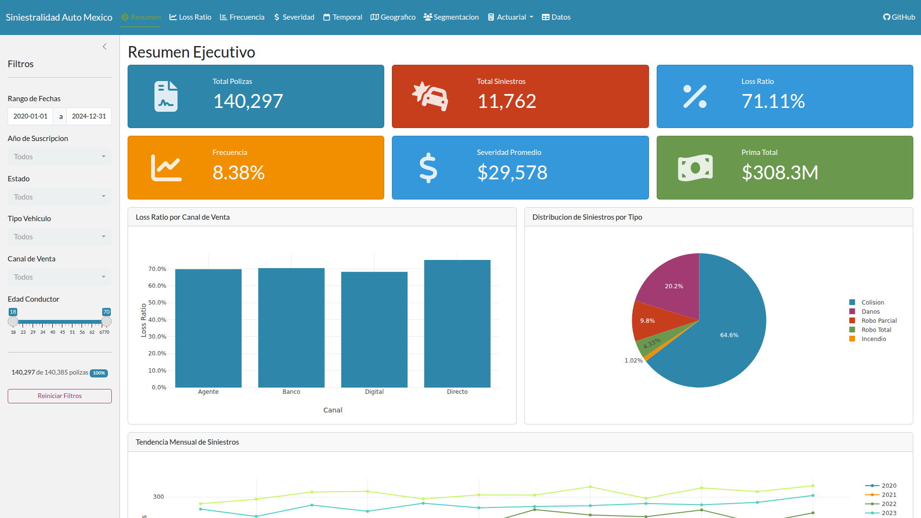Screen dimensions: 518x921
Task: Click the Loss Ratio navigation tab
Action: [x=190, y=17]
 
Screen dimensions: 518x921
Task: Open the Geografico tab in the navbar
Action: [x=393, y=17]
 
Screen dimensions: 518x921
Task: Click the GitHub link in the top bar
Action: [x=899, y=17]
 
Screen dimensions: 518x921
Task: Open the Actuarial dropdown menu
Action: [x=511, y=17]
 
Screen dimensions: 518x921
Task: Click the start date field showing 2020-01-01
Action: [x=31, y=117]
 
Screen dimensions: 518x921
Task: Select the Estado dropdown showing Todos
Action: [x=59, y=197]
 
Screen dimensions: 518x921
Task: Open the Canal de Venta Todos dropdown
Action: [x=59, y=277]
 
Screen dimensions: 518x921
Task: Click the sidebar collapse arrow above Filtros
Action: [x=105, y=47]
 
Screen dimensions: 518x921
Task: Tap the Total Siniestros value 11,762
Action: [x=507, y=101]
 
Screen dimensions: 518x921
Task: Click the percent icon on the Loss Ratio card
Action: [x=695, y=96]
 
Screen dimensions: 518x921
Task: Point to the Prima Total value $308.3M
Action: [x=779, y=173]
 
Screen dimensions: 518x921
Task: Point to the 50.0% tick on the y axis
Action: [x=157, y=303]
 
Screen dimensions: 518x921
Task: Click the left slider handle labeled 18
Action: [x=13, y=321]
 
